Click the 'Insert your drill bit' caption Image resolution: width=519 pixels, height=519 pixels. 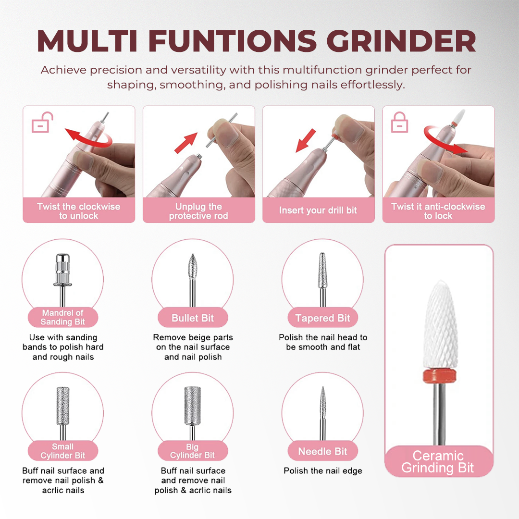point(318,210)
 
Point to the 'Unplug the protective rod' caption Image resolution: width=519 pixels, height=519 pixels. point(198,211)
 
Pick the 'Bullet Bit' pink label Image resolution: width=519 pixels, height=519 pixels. point(193,318)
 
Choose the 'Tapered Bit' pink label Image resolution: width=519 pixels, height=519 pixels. point(322,318)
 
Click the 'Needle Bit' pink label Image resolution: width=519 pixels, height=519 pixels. point(322,451)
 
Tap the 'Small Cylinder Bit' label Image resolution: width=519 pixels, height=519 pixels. point(62,451)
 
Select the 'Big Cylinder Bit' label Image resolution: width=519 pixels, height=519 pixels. point(192,451)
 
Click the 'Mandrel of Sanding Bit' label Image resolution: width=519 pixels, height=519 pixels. point(62,318)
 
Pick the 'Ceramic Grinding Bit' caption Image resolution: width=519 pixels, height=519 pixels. point(438,462)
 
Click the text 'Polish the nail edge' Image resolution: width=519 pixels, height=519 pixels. point(322,471)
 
